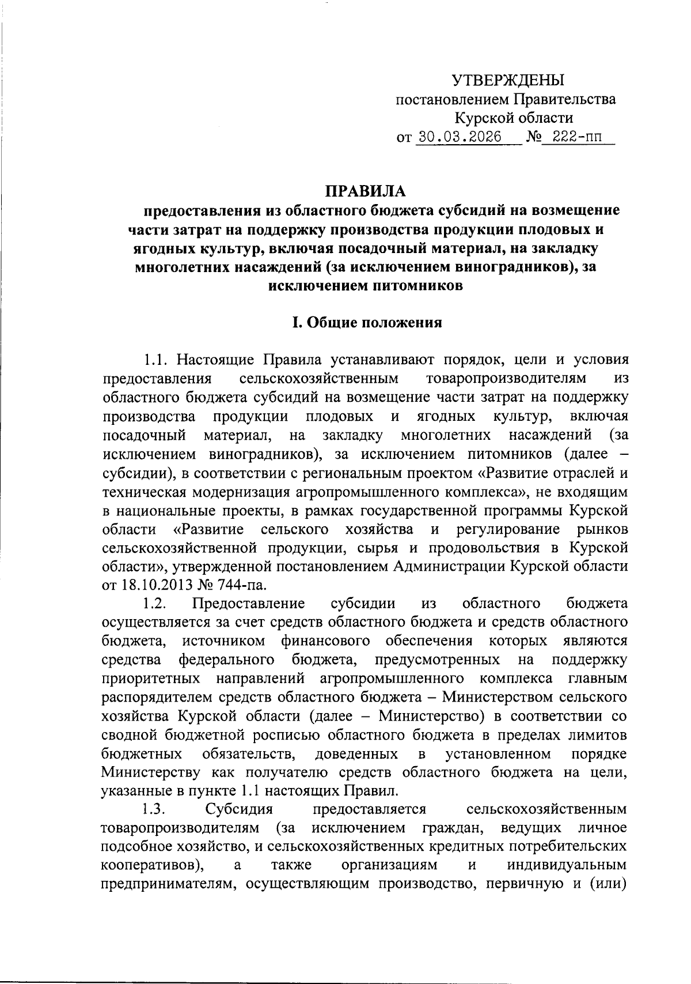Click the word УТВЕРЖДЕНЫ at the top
pos(507,80)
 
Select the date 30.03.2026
pos(460,137)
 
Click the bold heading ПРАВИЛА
pos(366,191)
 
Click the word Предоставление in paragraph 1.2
pos(248,604)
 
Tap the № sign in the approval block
pos(533,137)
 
